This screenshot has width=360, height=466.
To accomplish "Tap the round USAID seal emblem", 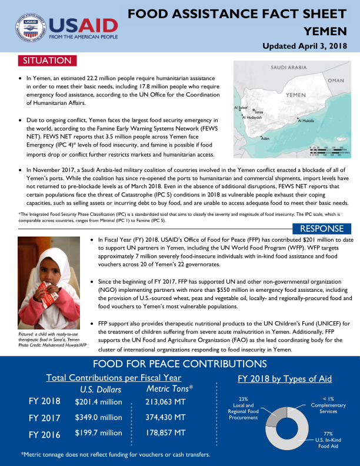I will pyautogui.click(x=29, y=28).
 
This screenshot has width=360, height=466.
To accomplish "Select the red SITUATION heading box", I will pyautogui.click(x=47, y=61).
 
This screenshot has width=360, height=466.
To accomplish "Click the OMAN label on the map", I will pyautogui.click(x=336, y=80).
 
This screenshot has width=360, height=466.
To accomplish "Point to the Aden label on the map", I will pyautogui.click(x=265, y=139).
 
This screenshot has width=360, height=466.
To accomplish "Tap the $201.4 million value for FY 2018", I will pyautogui.click(x=98, y=402).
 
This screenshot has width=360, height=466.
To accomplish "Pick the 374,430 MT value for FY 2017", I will pyautogui.click(x=165, y=418).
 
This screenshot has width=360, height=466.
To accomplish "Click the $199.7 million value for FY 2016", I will pyautogui.click(x=98, y=434).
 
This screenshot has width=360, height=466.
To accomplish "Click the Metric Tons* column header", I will pyautogui.click(x=170, y=389).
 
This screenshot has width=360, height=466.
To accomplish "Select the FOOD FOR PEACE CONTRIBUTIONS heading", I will pyautogui.click(x=180, y=364).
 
